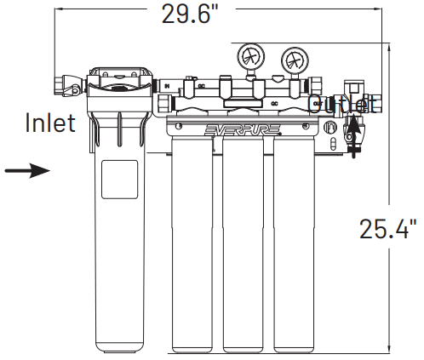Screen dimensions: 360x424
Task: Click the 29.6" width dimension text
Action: pyautogui.click(x=198, y=14)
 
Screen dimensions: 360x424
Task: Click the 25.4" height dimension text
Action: pyautogui.click(x=387, y=228)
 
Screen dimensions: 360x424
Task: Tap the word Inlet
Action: pyautogui.click(x=50, y=123)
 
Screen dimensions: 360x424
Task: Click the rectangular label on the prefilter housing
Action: pyautogui.click(x=120, y=181)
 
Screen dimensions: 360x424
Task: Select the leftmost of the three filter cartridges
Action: pyautogui.click(x=195, y=247)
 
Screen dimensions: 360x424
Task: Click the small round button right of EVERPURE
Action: pyautogui.click(x=329, y=128)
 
